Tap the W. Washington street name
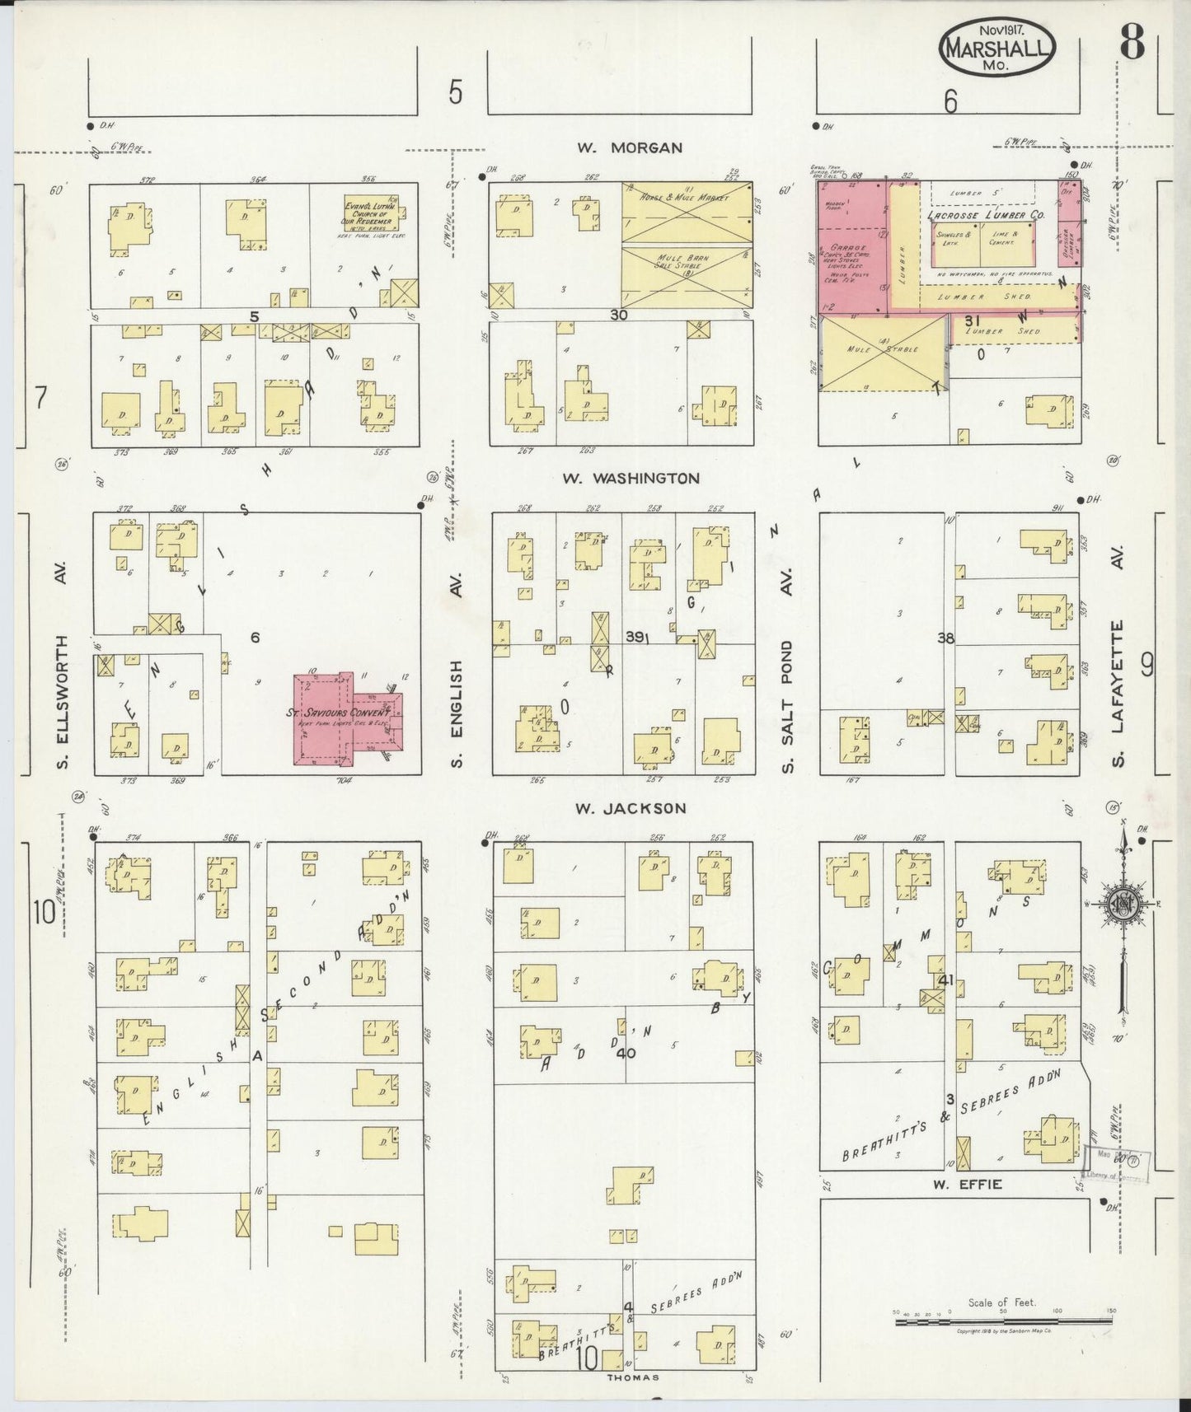click(631, 478)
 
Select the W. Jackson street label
click(631, 808)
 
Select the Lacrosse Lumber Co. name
click(985, 215)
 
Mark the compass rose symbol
click(1121, 905)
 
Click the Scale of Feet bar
click(1003, 1323)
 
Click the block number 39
click(635, 637)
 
